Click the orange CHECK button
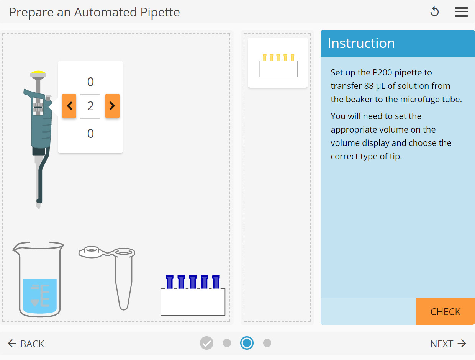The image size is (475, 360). (445, 311)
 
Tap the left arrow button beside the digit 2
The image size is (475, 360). (69, 106)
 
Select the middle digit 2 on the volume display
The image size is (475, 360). (90, 106)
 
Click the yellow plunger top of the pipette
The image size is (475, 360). (38, 72)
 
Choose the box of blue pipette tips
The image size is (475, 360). (193, 296)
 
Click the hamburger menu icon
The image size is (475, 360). (461, 12)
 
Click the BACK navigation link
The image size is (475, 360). (26, 344)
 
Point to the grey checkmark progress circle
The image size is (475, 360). (206, 343)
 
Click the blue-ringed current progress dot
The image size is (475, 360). (247, 343)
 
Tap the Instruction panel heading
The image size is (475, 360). (361, 43)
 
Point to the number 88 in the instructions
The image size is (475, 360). (369, 86)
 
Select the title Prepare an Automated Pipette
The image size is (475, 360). (95, 12)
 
